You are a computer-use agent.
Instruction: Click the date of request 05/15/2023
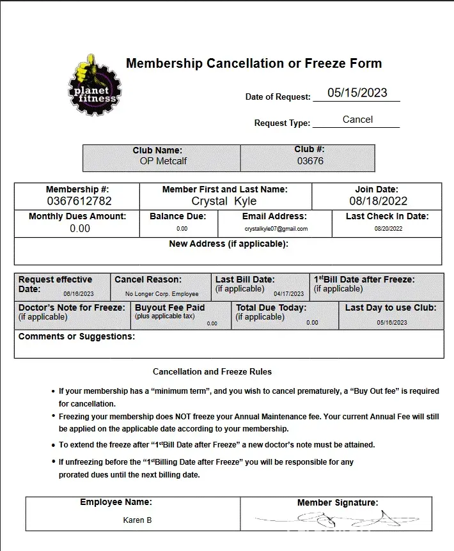click(x=357, y=93)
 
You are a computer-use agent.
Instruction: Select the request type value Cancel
click(x=357, y=120)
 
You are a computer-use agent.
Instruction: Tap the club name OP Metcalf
click(x=163, y=161)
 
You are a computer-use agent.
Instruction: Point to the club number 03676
click(x=310, y=161)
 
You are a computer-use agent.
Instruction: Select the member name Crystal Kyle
click(x=224, y=201)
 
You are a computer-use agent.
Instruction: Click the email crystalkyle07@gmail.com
click(x=276, y=229)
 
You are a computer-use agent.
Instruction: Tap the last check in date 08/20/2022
click(x=388, y=229)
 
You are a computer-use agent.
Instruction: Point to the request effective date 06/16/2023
click(x=79, y=294)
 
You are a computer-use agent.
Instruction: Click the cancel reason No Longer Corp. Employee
click(x=162, y=294)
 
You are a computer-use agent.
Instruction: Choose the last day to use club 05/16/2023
click(x=392, y=323)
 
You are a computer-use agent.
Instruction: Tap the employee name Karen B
click(x=137, y=520)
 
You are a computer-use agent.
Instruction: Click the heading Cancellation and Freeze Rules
click(x=212, y=371)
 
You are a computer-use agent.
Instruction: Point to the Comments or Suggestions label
click(x=77, y=337)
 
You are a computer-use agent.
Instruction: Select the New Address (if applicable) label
click(x=228, y=244)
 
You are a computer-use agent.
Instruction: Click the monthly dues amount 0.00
click(x=80, y=228)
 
